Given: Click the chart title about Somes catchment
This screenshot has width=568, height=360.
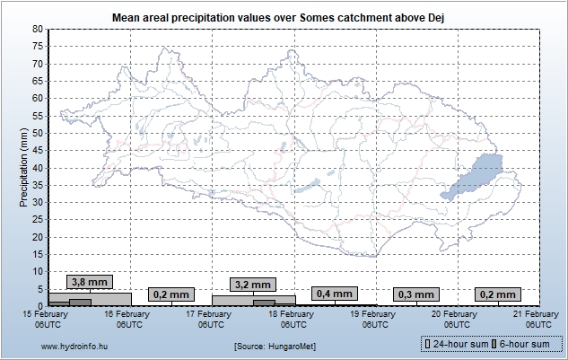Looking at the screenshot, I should coord(284,16).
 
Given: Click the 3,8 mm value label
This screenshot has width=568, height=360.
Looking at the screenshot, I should coord(89,282).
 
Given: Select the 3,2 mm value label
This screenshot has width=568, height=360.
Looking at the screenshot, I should coord(252,285).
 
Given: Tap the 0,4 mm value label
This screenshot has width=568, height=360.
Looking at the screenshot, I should coord(335,294).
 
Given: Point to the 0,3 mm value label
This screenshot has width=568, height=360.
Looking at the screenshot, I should coord(415,294).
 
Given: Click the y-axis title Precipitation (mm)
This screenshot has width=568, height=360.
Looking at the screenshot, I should coord(25,167).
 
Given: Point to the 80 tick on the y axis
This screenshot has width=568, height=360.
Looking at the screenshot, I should coord(38,29).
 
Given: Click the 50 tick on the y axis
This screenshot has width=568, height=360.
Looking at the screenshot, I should coord(38,133).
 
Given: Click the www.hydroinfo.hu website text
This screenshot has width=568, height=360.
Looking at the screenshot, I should coord(74,345).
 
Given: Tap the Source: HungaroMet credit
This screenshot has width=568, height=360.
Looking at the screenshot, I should coord(274,345).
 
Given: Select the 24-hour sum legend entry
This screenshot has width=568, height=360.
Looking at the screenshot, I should coord(457,344).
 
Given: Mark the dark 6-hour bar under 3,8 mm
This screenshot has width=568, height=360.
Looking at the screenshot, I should coord(80,302).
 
